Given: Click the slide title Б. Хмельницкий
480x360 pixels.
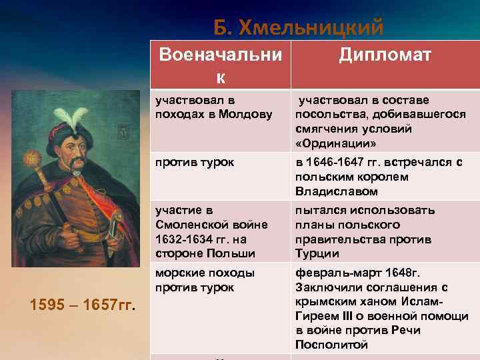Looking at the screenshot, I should [x=298, y=27].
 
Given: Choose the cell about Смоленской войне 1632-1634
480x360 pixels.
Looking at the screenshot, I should [x=211, y=232].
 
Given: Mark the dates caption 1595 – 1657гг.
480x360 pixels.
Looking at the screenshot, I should [x=83, y=306].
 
